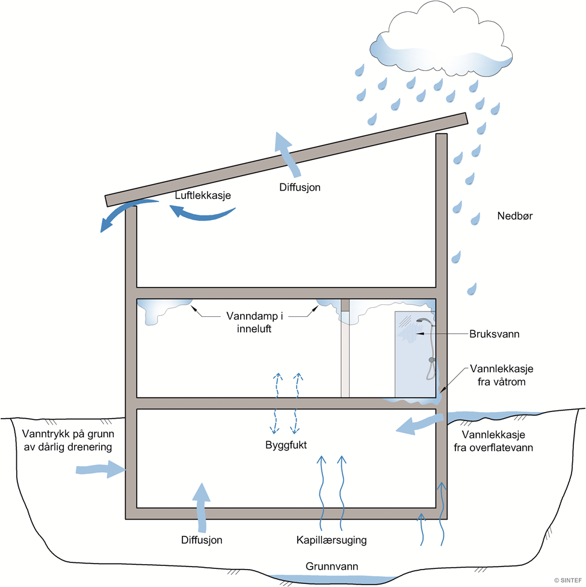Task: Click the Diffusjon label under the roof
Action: pos(300,187)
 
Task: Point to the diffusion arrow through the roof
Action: pos(285,153)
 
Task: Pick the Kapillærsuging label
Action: pos(332,540)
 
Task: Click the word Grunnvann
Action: pos(329,566)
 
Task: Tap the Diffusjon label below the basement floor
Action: pos(202,540)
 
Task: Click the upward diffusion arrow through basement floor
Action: pos(202,499)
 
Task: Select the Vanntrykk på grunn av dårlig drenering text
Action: pos(67,440)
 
